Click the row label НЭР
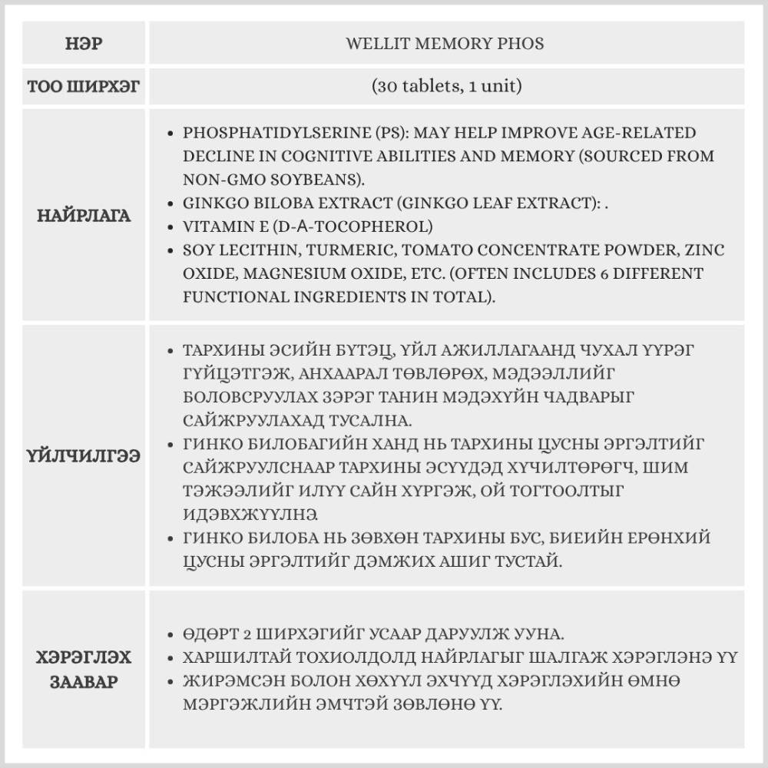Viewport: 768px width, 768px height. [84, 44]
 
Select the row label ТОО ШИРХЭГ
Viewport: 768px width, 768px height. [84, 86]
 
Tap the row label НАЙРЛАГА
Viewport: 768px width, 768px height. [84, 216]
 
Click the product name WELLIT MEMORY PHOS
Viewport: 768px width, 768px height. [445, 44]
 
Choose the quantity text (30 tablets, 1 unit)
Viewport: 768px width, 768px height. [445, 86]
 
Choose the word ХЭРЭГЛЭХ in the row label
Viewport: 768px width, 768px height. [84, 658]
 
